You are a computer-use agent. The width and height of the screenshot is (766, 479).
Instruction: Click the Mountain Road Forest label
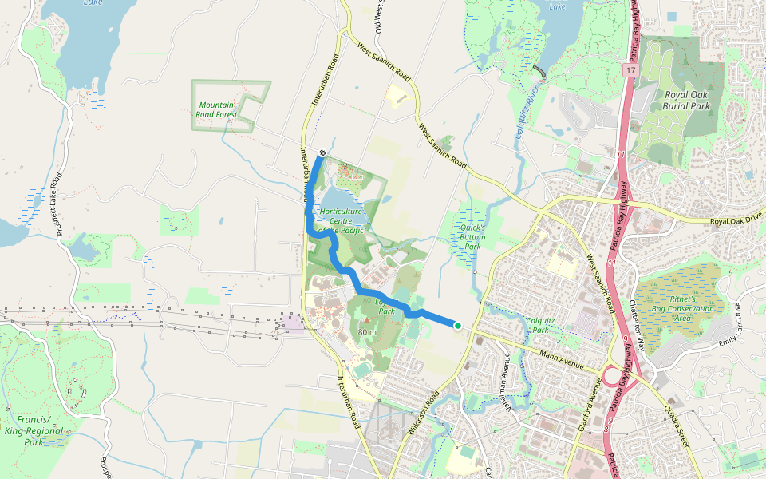217,110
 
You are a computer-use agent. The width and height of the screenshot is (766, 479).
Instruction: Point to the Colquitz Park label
540,324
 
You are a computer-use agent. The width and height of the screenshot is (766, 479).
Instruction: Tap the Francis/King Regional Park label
33,431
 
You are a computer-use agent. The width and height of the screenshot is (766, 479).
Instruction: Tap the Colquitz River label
527,112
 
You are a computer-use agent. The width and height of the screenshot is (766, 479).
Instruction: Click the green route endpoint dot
458,325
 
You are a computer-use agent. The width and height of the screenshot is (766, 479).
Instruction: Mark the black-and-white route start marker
322,152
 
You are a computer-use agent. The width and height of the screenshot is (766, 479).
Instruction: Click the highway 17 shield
630,72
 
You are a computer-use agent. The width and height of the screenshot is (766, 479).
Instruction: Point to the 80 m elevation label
367,331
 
